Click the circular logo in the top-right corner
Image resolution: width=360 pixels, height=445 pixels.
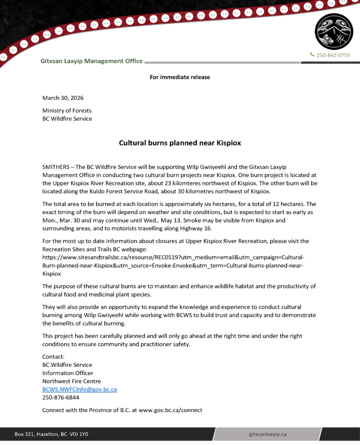333,31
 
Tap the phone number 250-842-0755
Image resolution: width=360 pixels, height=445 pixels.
333,55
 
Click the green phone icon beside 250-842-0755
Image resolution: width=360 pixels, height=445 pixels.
312,55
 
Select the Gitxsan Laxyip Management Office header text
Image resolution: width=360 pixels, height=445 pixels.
91,61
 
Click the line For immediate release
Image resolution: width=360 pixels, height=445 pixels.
180,77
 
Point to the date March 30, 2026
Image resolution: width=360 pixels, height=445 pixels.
63,98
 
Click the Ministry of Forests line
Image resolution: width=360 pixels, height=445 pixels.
67,110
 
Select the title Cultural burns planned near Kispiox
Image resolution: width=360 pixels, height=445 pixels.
180,143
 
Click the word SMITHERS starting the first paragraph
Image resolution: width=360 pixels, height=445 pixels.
56,167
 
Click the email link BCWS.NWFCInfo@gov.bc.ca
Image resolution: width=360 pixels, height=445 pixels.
79,389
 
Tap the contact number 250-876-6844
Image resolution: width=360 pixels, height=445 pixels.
60,398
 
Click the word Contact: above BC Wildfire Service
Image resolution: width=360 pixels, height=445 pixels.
53,356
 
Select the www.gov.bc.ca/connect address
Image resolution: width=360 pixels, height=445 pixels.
170,410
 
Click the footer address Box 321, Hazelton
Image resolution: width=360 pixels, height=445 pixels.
51,434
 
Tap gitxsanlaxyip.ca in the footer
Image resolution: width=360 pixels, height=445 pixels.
267,434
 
